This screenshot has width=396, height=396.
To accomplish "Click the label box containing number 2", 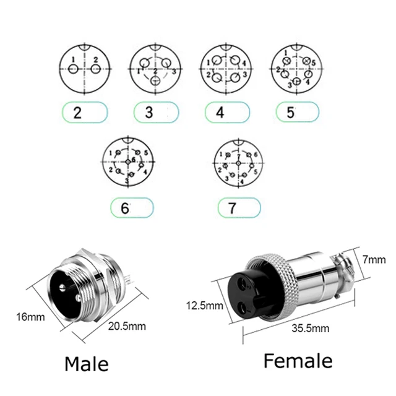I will click(x=85, y=113).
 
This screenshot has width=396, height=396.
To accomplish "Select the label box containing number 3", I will click(x=157, y=113).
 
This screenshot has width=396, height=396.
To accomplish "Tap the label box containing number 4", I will click(x=227, y=113).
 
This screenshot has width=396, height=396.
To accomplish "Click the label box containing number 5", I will click(x=296, y=113).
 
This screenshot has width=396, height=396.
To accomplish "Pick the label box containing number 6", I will click(x=132, y=208).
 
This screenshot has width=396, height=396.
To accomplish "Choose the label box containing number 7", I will click(x=239, y=208).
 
